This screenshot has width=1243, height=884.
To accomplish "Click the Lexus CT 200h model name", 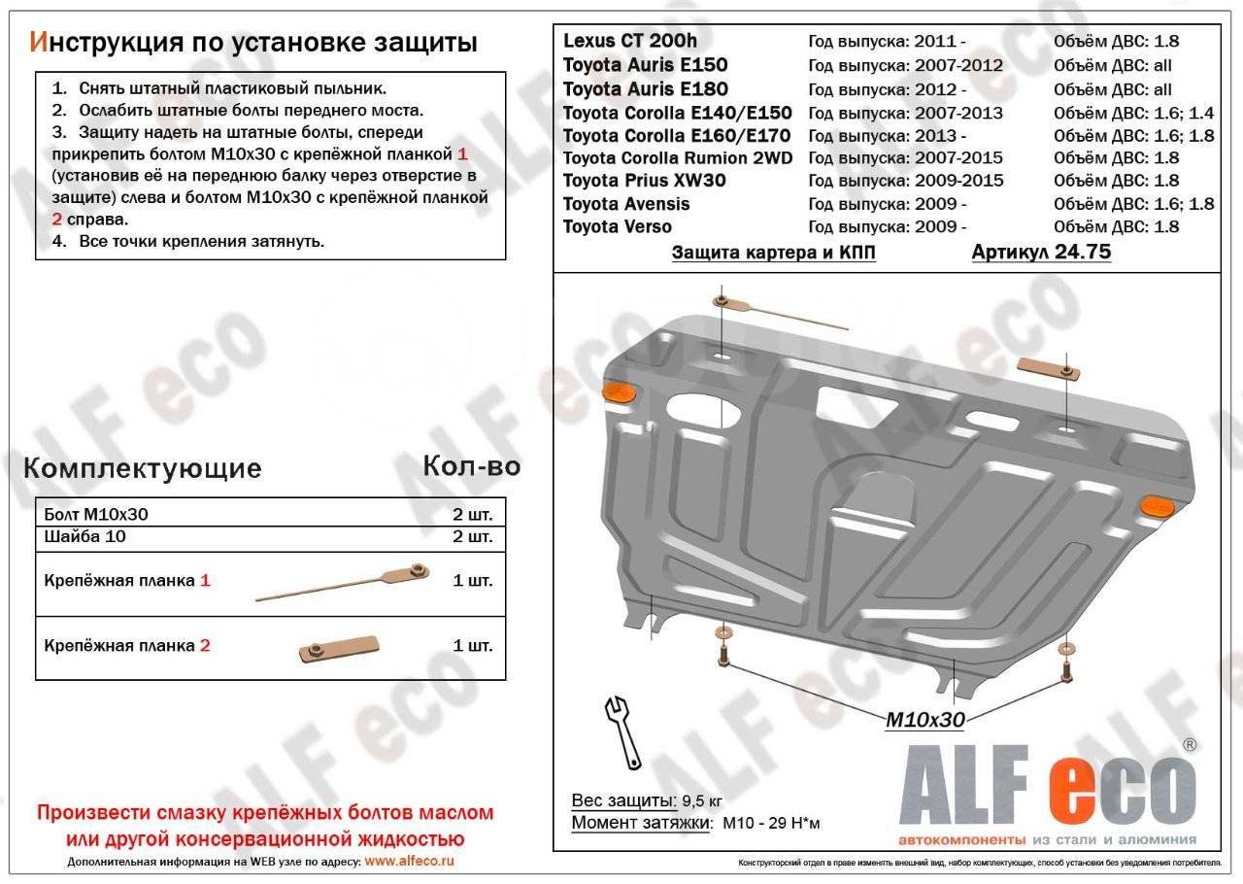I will pos(629,42).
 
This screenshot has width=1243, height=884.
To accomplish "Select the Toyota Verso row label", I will pos(617,226).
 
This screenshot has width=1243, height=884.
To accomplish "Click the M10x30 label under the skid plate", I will pos(924,720).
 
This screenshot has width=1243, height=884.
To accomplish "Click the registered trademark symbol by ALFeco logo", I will pos(1189,744).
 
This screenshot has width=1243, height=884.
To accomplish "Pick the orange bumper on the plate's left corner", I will pos(619,391).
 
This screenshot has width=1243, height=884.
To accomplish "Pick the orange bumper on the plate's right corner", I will pos(1156,504).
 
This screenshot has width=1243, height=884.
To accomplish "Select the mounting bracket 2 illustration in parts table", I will pos(339,648).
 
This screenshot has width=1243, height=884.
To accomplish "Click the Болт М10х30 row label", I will pos(96,514).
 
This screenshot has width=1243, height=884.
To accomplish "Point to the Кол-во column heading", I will pos(471,466).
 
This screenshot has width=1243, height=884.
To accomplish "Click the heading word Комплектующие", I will pos(142,468).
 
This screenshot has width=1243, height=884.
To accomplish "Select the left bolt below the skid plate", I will pos(722,658).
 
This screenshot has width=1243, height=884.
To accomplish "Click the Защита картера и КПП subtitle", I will pos(773,254).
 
